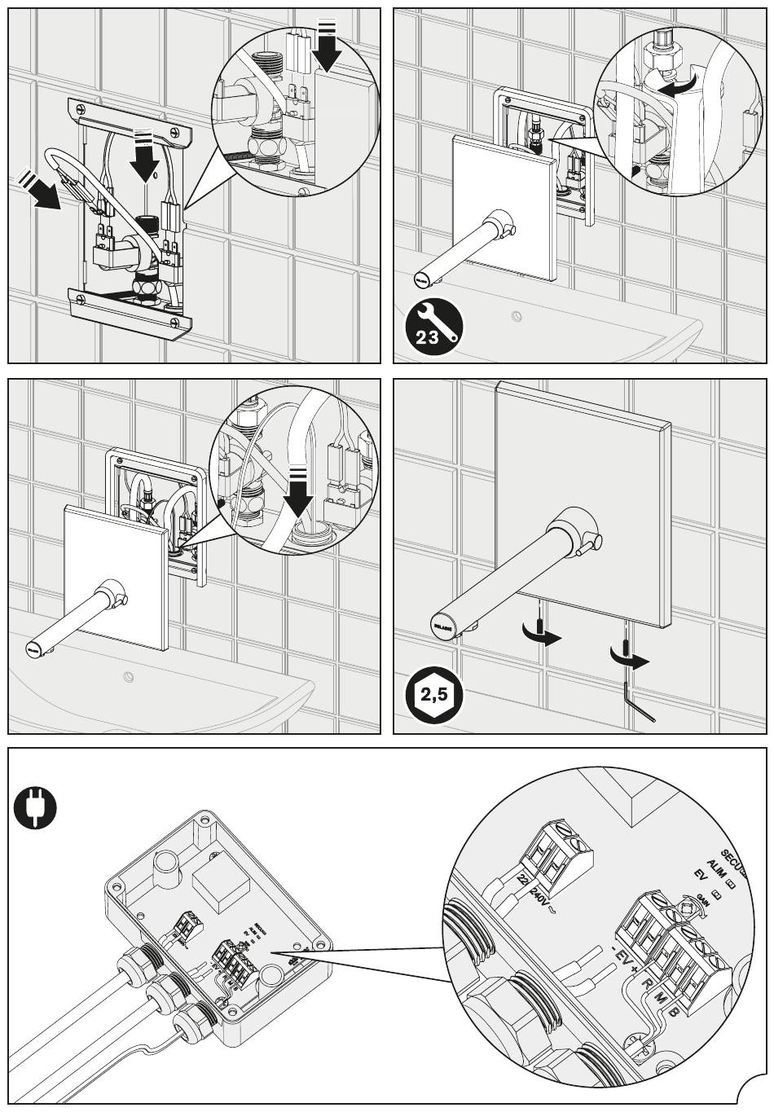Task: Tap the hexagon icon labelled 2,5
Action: pyautogui.click(x=433, y=695)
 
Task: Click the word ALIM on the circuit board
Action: pyautogui.click(x=716, y=867)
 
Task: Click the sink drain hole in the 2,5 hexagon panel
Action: pyautogui.click(x=128, y=675)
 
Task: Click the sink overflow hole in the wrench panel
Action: pyautogui.click(x=515, y=315)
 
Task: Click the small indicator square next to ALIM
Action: pyautogui.click(x=731, y=881)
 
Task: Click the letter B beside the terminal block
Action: pyautogui.click(x=674, y=1012)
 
